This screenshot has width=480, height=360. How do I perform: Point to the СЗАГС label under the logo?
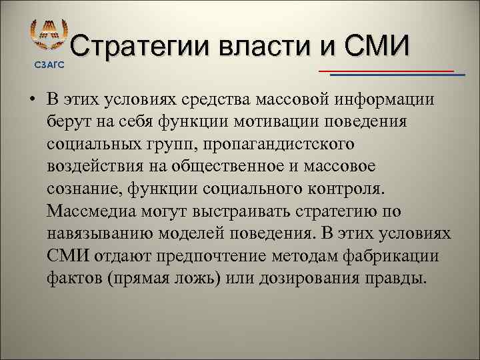point(49,64)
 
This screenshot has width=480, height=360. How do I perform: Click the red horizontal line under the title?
point(387,70)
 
